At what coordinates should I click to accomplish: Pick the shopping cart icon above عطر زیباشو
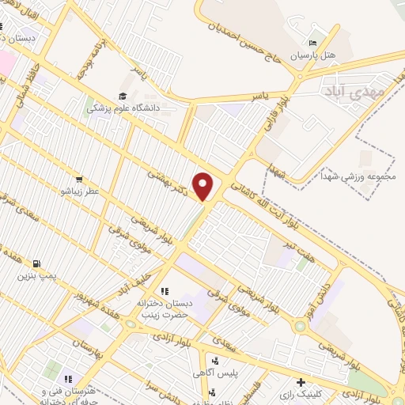(x=78, y=179)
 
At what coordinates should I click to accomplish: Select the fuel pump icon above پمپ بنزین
(x=36, y=264)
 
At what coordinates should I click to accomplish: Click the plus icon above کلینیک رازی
(x=301, y=380)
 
